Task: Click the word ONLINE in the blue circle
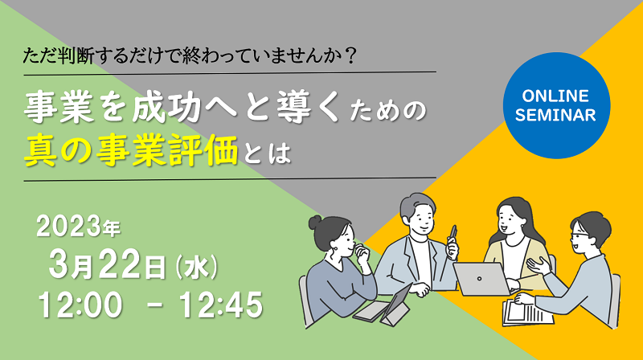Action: tap(555, 96)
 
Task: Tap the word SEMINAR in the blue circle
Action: tap(555, 115)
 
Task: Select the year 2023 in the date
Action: tap(69, 227)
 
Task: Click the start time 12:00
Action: tap(80, 305)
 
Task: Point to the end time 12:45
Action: tap(221, 305)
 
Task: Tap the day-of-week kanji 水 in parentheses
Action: tap(196, 267)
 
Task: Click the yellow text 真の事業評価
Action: tap(131, 151)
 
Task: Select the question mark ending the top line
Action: tap(350, 55)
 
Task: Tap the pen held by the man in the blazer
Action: tap(453, 235)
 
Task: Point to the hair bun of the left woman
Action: tap(315, 223)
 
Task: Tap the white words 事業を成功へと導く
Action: tap(182, 108)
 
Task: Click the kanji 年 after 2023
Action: tap(111, 230)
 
